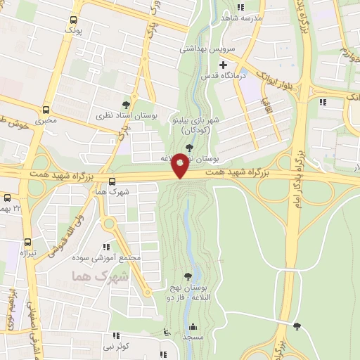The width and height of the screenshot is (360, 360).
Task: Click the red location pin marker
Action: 181,164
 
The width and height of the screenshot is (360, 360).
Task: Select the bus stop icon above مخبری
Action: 46,110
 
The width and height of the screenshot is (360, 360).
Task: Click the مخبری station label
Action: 46,120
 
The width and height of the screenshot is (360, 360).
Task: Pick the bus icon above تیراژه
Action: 27,241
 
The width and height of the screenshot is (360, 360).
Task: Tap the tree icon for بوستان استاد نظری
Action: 127,104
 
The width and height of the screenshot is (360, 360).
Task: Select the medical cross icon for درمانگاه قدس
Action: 223,65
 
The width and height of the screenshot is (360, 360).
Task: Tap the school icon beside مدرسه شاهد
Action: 240,7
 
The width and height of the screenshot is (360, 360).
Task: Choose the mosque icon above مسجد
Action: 193,326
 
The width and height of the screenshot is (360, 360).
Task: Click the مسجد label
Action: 193,337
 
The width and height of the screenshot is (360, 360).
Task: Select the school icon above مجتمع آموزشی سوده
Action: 106,247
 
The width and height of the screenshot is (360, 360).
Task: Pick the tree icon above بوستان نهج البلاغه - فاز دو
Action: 188,276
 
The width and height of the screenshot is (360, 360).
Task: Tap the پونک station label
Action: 73,32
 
